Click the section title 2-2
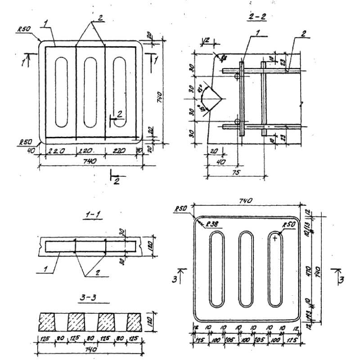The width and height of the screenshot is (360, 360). pyautogui.click(x=257, y=17)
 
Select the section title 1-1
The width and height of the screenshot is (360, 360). pyautogui.click(x=93, y=216)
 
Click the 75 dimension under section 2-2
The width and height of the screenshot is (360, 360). pyautogui.click(x=236, y=172)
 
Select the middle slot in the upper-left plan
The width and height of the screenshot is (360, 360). pyautogui.click(x=90, y=92)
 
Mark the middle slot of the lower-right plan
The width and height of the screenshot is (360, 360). pyautogui.click(x=246, y=269)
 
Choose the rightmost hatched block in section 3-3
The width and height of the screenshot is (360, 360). pyautogui.click(x=135, y=321)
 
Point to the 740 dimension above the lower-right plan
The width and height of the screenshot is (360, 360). pyautogui.click(x=246, y=201)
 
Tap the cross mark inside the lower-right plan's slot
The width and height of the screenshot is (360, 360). pyautogui.click(x=275, y=238)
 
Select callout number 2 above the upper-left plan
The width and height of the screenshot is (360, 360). pyautogui.click(x=99, y=18)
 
